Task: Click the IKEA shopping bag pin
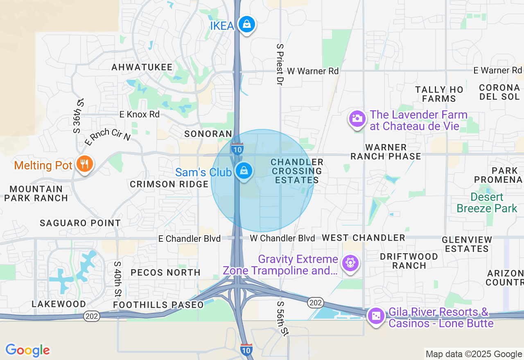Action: click(247, 25)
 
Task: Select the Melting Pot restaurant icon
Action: click(85, 164)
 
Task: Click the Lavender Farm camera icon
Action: click(357, 119)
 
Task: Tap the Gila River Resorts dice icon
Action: click(376, 316)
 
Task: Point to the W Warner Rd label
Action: click(313, 71)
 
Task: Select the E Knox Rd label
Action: click(140, 115)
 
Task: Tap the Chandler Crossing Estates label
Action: click(297, 171)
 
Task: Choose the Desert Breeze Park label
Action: click(487, 202)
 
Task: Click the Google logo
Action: click(27, 350)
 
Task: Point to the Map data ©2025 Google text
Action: click(474, 354)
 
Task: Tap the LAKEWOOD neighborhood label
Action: click(59, 304)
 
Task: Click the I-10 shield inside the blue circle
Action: click(237, 149)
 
